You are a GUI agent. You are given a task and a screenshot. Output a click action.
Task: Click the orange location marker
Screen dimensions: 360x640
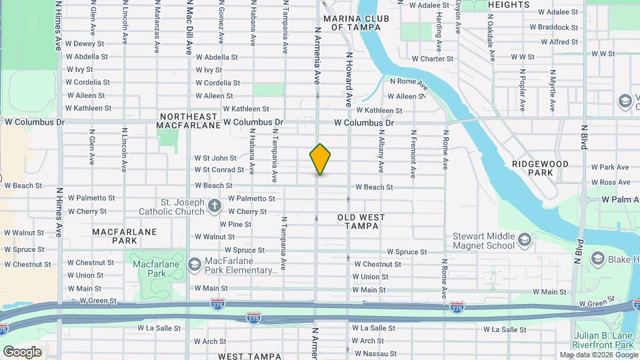[320, 159]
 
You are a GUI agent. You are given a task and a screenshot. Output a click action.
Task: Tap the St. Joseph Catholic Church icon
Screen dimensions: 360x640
[214, 206]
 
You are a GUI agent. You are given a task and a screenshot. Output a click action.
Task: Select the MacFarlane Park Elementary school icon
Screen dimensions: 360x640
[195, 265]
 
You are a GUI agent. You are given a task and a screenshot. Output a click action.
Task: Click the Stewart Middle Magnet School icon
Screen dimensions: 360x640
[525, 240]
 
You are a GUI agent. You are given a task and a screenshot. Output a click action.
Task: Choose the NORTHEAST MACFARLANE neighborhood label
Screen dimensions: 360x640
[189, 120]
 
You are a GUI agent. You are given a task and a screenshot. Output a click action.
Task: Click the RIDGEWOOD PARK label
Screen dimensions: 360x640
[540, 168]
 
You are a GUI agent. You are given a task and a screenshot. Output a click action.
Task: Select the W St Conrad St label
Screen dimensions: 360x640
[215, 169]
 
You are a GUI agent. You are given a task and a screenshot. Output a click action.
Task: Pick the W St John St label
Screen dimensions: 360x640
[215, 158]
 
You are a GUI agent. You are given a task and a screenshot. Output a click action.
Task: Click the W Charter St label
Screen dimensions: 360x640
[432, 59]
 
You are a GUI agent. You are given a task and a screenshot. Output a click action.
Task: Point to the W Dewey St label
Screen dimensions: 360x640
[85, 43]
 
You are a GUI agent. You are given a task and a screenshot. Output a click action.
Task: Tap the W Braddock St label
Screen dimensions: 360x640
[553, 27]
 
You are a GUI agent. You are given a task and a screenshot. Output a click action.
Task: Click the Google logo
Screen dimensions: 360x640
[22, 351]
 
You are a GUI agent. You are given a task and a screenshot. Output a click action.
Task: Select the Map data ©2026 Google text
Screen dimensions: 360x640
[598, 355]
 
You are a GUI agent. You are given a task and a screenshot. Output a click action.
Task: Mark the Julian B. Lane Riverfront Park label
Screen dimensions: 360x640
[603, 340]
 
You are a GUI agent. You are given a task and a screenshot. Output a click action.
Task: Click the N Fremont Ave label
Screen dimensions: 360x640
[413, 154]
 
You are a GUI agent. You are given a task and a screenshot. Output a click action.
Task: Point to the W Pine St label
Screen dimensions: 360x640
[235, 224]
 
